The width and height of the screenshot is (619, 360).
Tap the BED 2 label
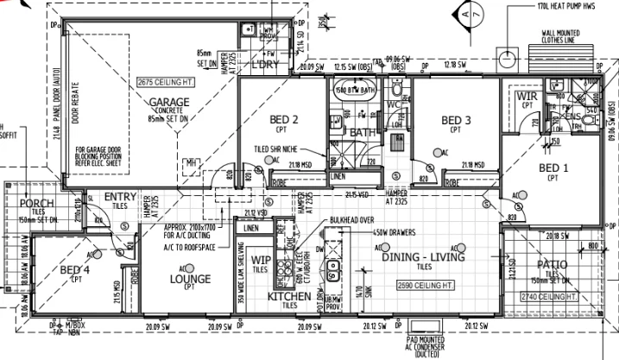point(284,120)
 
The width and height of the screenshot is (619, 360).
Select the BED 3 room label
point(455,120)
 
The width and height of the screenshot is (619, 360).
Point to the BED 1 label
point(554,167)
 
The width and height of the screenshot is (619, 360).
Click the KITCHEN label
point(288,297)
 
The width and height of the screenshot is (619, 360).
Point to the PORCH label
point(35,204)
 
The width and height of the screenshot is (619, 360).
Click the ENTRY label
point(120,198)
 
